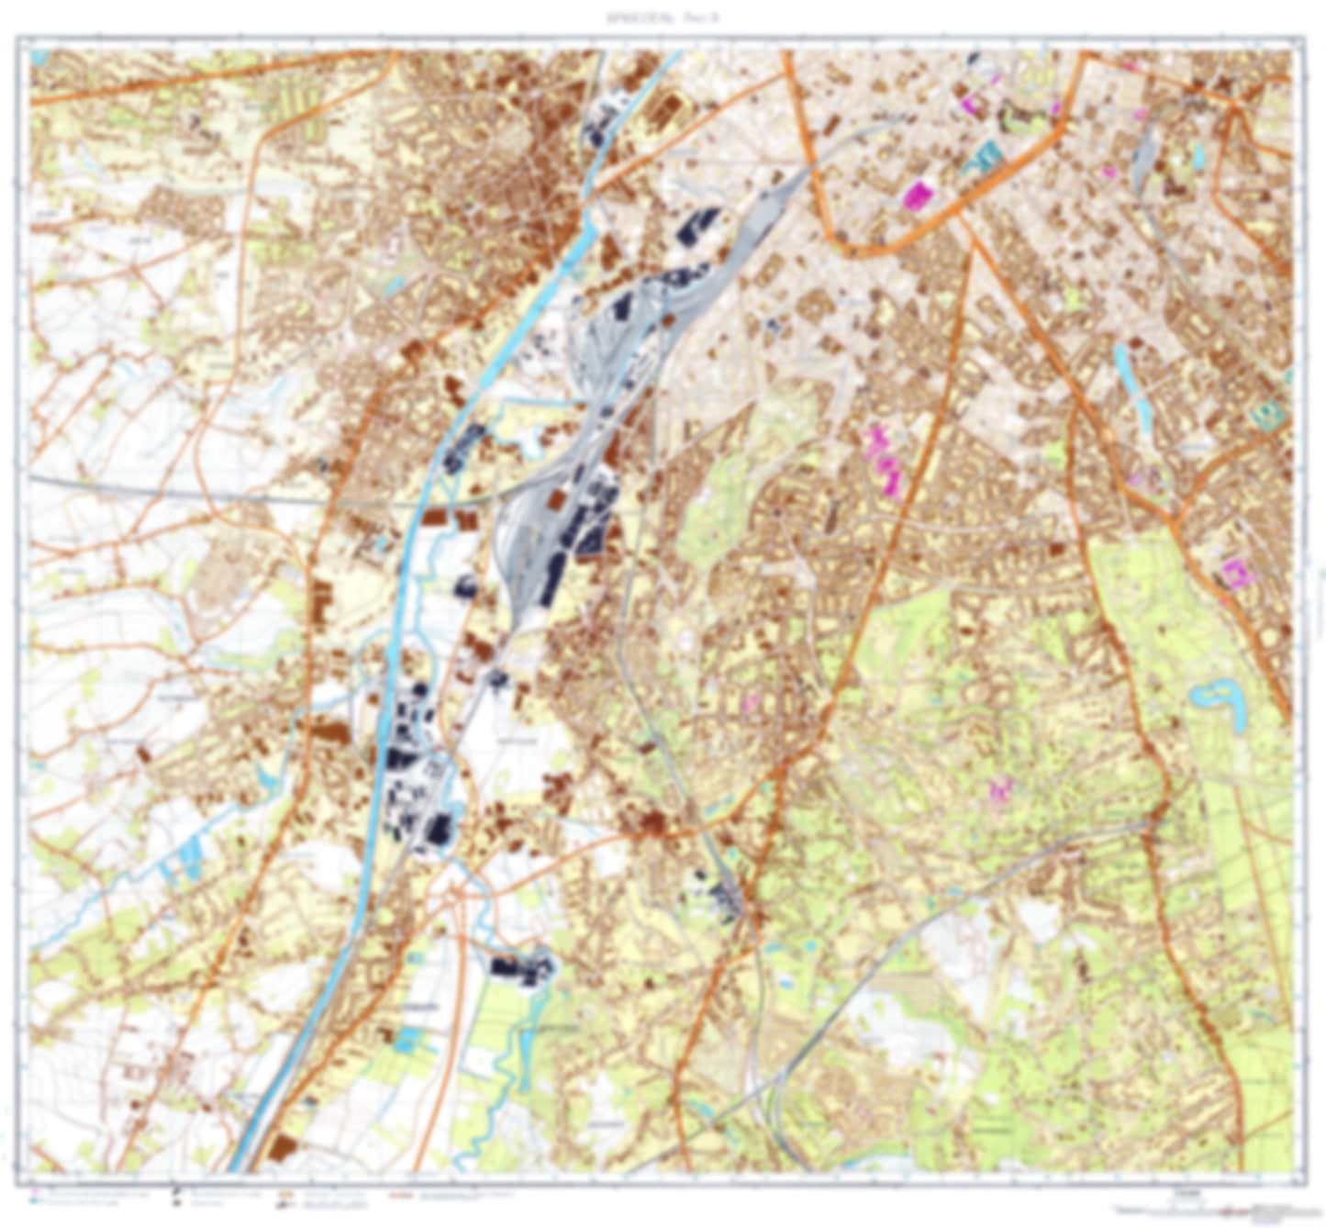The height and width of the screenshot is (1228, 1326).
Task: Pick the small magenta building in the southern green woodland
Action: [x=998, y=789]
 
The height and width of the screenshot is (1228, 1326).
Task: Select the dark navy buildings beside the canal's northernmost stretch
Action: [x=601, y=124]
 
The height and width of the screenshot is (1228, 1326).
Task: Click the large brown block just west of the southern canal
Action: [x=330, y=731]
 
